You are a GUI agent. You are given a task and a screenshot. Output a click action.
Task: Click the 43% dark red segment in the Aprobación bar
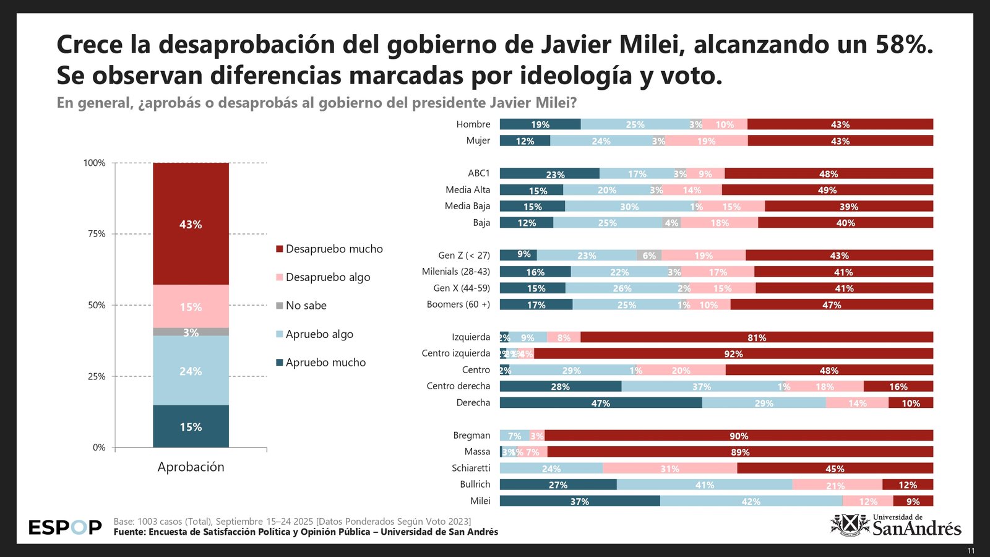coord(191,224)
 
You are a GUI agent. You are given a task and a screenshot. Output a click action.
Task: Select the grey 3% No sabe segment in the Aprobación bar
coord(191,332)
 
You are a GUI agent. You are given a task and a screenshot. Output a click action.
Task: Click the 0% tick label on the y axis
coord(99,447)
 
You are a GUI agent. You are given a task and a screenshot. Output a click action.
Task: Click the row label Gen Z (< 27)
coord(463,255)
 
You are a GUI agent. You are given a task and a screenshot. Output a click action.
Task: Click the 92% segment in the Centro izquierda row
coord(733,354)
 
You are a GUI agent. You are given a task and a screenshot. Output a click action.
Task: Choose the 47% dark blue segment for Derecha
coord(600,403)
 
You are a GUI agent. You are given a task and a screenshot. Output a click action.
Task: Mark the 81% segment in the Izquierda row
coord(756,337)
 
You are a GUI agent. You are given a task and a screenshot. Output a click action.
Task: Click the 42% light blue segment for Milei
coord(751,501)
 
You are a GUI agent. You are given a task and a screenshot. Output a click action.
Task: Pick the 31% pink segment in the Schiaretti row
coord(669,468)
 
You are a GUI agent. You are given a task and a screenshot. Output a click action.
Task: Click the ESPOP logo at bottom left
coord(65,527)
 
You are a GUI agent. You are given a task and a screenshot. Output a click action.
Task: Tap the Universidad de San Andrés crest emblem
coord(850,525)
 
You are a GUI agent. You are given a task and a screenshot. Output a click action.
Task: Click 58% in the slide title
coord(904,45)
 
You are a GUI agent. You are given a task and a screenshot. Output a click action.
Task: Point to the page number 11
coord(971,551)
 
